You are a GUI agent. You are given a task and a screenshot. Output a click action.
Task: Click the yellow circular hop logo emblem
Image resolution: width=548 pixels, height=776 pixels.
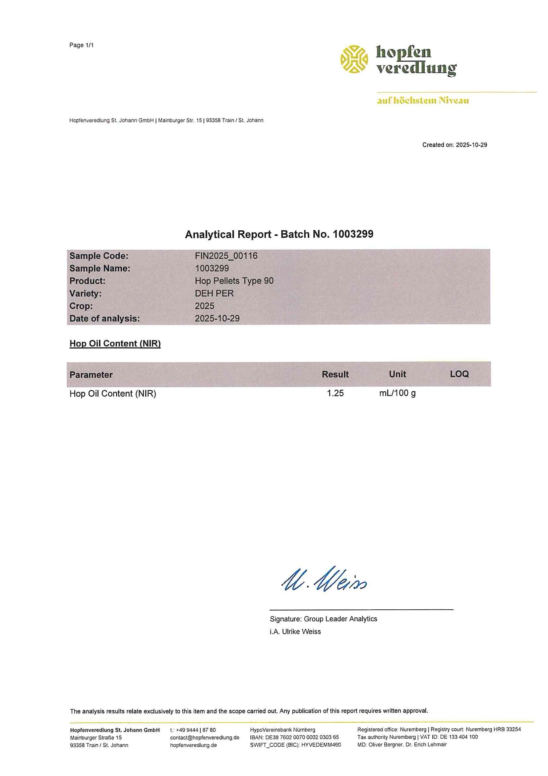(x=354, y=59)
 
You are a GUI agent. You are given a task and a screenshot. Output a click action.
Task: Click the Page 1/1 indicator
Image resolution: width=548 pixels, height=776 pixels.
(x=81, y=45)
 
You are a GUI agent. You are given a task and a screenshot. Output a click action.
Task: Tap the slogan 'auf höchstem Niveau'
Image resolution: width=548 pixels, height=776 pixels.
(x=423, y=101)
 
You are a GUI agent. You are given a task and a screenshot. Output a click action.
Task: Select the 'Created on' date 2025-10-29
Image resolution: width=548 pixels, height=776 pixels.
(x=471, y=145)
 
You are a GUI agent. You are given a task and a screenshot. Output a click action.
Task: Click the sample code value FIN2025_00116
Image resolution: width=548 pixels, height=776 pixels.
(x=226, y=256)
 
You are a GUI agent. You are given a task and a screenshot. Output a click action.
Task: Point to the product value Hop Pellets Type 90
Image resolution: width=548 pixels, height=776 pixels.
(x=234, y=281)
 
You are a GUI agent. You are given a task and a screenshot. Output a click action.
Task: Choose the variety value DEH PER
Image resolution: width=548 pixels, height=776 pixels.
(x=214, y=293)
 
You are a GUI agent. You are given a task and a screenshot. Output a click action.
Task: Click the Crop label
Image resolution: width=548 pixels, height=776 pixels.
(x=81, y=306)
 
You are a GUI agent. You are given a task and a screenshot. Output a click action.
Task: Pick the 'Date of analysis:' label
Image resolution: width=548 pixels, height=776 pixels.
(x=104, y=318)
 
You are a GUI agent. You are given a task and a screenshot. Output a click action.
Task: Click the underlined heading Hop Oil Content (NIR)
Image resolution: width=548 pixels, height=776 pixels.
(x=115, y=344)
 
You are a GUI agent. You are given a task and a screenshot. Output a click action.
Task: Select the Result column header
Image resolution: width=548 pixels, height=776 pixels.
(x=335, y=374)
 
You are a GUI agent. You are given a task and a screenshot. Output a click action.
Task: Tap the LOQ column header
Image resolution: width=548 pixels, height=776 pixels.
(x=459, y=374)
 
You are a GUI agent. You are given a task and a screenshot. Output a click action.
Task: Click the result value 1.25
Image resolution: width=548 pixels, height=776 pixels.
(x=335, y=393)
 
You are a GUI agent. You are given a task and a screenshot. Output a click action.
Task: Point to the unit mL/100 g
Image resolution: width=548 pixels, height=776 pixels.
(x=397, y=393)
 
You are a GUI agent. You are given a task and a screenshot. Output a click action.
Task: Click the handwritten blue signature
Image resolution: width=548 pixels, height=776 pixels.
(x=324, y=580)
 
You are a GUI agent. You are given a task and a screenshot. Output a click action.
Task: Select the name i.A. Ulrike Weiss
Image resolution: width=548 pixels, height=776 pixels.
(x=295, y=631)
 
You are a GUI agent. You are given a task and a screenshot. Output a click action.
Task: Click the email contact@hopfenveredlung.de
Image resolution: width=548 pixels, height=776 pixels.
(x=205, y=737)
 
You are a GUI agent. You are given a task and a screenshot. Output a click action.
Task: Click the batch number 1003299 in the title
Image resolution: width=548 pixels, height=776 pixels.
(x=353, y=234)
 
